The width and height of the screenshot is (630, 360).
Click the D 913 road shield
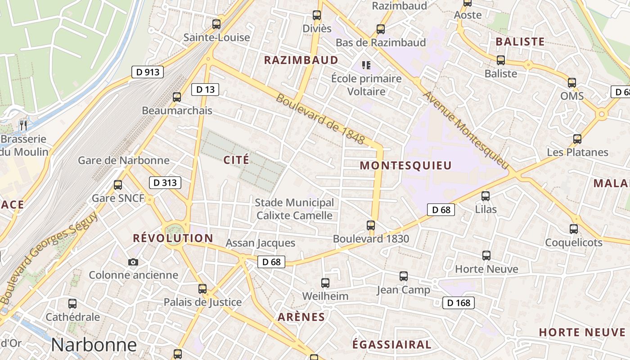click(x=148, y=72)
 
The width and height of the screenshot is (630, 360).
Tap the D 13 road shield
click(x=205, y=90)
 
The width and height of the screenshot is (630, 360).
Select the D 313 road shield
click(x=165, y=183)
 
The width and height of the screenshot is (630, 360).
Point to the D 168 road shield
click(x=459, y=303)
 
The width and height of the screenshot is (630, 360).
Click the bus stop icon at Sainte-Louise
click(x=216, y=24)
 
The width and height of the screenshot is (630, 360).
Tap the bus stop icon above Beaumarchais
click(x=177, y=97)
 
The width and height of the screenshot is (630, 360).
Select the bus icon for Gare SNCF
click(x=118, y=184)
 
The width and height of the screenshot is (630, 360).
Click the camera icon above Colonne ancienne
click(x=133, y=262)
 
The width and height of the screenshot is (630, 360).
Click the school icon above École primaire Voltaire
click(x=366, y=65)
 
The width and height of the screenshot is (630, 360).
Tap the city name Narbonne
click(x=94, y=345)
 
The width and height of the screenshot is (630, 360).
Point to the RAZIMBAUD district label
click(x=301, y=60)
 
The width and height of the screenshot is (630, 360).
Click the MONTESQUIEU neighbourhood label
click(x=405, y=166)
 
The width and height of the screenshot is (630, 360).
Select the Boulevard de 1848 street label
click(x=320, y=119)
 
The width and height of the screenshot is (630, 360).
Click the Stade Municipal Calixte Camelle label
click(x=294, y=209)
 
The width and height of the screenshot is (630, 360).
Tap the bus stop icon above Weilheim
click(x=325, y=283)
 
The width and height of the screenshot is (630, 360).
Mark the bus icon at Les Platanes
click(x=577, y=139)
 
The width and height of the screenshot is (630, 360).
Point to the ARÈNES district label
click(x=301, y=317)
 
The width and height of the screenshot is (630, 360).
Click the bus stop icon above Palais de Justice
click(x=202, y=289)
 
